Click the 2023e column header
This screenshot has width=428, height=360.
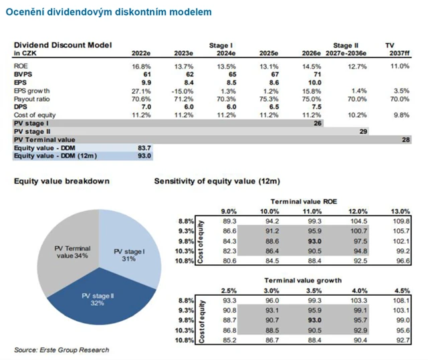[x=182, y=53]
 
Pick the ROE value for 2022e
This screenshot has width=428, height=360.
[x=143, y=66]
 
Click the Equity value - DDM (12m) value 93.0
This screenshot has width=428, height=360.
[x=144, y=155]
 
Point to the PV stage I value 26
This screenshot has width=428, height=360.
[x=317, y=122]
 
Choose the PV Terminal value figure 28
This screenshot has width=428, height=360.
[x=405, y=139]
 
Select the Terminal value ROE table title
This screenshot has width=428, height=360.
[x=305, y=201]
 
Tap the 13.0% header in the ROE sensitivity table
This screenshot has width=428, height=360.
[x=405, y=211]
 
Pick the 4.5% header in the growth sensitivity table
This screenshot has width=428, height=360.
[x=405, y=289]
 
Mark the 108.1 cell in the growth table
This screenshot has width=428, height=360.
[x=405, y=300]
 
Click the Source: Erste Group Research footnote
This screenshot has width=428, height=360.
[x=62, y=350]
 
